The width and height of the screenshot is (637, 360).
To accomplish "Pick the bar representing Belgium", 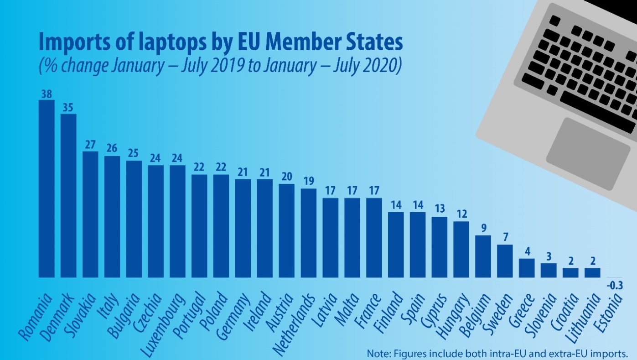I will [483, 256].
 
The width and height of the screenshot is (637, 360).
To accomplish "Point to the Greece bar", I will [527, 268].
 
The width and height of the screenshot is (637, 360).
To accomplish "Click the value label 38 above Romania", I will [47, 94].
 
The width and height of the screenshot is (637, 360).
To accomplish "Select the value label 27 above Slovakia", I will [90, 144].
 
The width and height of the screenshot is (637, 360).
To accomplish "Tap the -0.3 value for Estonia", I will [615, 286].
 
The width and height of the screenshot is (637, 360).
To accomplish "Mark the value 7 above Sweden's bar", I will [505, 238].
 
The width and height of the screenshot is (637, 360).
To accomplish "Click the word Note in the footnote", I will [377, 353].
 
